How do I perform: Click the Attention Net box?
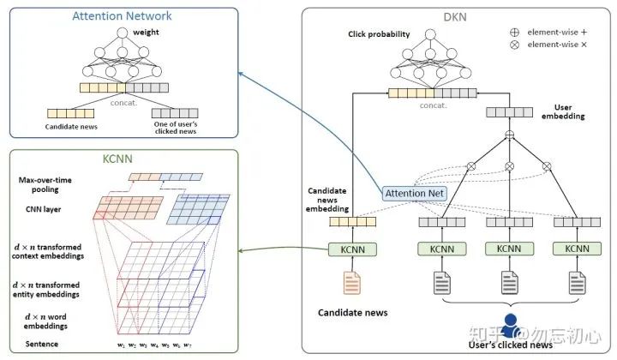415,193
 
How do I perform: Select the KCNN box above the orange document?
352,249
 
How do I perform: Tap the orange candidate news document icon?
352,283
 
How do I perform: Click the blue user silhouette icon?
511,326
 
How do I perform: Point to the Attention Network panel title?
122,16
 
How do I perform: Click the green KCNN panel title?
117,159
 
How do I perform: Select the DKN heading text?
455,17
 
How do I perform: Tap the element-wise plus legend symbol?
514,33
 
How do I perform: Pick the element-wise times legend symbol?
514,45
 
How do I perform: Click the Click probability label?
379,34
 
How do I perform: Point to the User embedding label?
563,111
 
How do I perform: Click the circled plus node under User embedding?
510,135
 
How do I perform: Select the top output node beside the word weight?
123,33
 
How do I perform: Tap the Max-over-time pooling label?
45,184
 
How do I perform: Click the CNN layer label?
44,209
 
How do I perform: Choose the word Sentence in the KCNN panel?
42,344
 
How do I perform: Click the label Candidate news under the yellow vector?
71,127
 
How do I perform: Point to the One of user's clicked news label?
176,128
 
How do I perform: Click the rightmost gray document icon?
578,283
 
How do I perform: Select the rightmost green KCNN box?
577,249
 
